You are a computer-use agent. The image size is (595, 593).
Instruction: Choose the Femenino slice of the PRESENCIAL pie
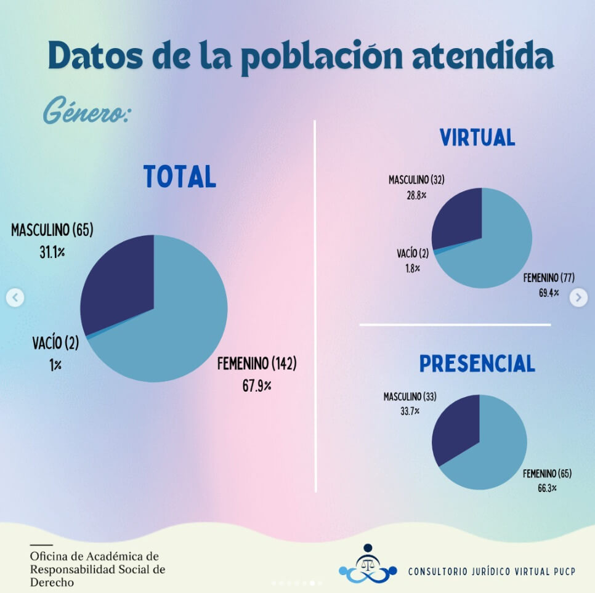tap(493, 456)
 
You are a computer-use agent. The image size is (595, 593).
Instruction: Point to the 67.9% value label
tap(257, 386)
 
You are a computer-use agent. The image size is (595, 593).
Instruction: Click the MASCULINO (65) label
tap(52, 231)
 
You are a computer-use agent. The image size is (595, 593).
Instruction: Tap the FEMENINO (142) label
tap(257, 364)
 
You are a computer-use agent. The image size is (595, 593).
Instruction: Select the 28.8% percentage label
tap(416, 195)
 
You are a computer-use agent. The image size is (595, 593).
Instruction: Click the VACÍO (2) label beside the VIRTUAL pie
tap(413, 253)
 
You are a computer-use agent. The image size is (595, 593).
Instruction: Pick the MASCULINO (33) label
tap(410, 397)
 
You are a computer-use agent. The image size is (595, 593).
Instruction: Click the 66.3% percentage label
tap(548, 488)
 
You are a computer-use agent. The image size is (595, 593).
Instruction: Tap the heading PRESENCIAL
tap(477, 363)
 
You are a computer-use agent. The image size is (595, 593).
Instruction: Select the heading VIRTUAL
tap(477, 137)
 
